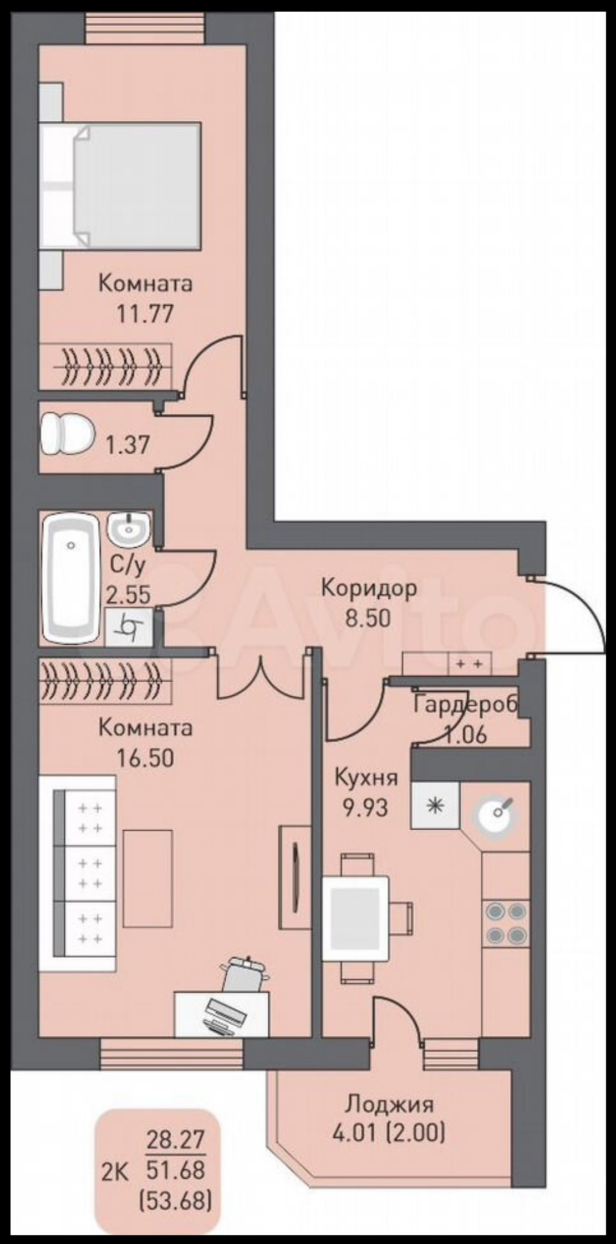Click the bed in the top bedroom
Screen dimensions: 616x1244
tap(120, 185)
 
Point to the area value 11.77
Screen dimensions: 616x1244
tap(145, 313)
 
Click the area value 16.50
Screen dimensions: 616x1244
tap(145, 757)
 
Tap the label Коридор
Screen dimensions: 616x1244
tap(369, 588)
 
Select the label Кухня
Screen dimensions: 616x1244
tap(366, 778)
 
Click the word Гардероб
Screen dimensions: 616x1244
tap(466, 705)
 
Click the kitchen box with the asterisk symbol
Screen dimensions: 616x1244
tap(435, 805)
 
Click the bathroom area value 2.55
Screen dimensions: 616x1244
tap(129, 594)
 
